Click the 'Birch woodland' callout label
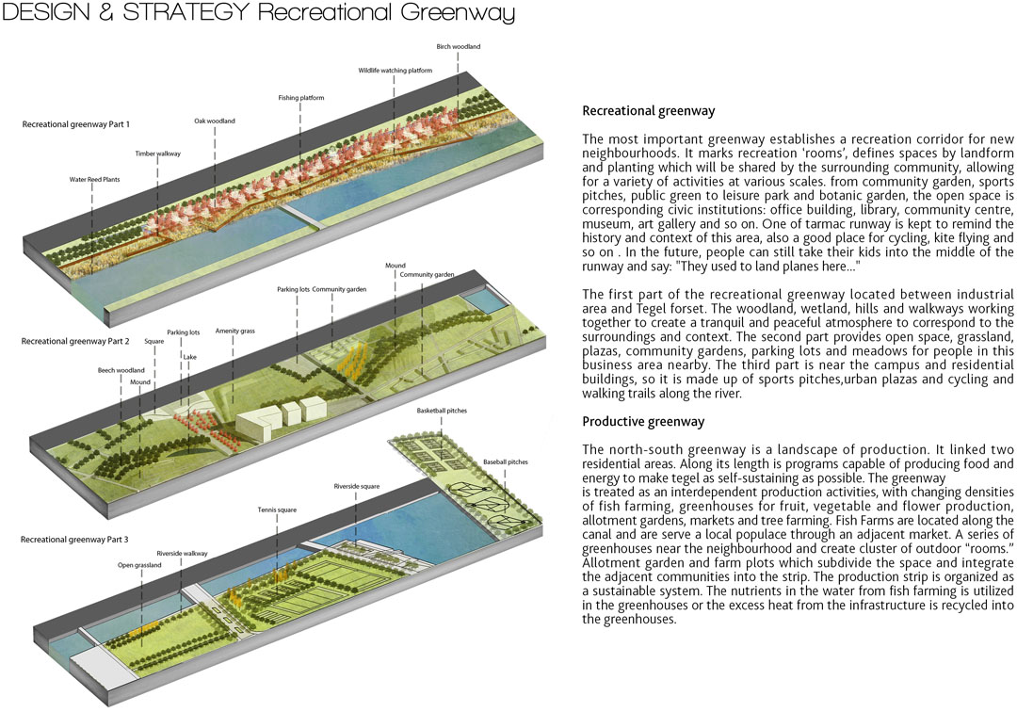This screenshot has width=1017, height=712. [x=458, y=47]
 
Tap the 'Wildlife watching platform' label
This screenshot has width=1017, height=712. [x=395, y=71]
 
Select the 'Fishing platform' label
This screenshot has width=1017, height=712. [x=301, y=98]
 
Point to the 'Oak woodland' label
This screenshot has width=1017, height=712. [x=215, y=121]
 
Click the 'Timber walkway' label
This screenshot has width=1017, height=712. [x=157, y=154]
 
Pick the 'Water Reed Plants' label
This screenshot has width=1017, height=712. [x=95, y=180]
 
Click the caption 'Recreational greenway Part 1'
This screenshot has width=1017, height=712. [x=76, y=124]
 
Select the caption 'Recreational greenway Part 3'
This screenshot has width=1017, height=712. [x=74, y=540]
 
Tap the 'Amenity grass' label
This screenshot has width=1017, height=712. [x=234, y=331]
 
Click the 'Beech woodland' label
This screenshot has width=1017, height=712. [x=121, y=371]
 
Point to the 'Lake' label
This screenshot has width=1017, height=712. [x=189, y=357]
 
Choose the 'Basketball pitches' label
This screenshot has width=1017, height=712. [x=442, y=412]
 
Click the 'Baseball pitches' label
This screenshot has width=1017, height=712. [x=506, y=462]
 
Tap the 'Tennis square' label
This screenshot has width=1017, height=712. [x=277, y=510]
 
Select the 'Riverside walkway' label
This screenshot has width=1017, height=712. [x=182, y=554]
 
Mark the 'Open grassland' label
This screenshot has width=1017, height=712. [x=139, y=565]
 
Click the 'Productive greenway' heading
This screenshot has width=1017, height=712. [x=643, y=422]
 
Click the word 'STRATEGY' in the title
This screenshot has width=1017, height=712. [x=186, y=11]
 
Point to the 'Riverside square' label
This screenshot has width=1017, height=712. [x=357, y=486]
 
